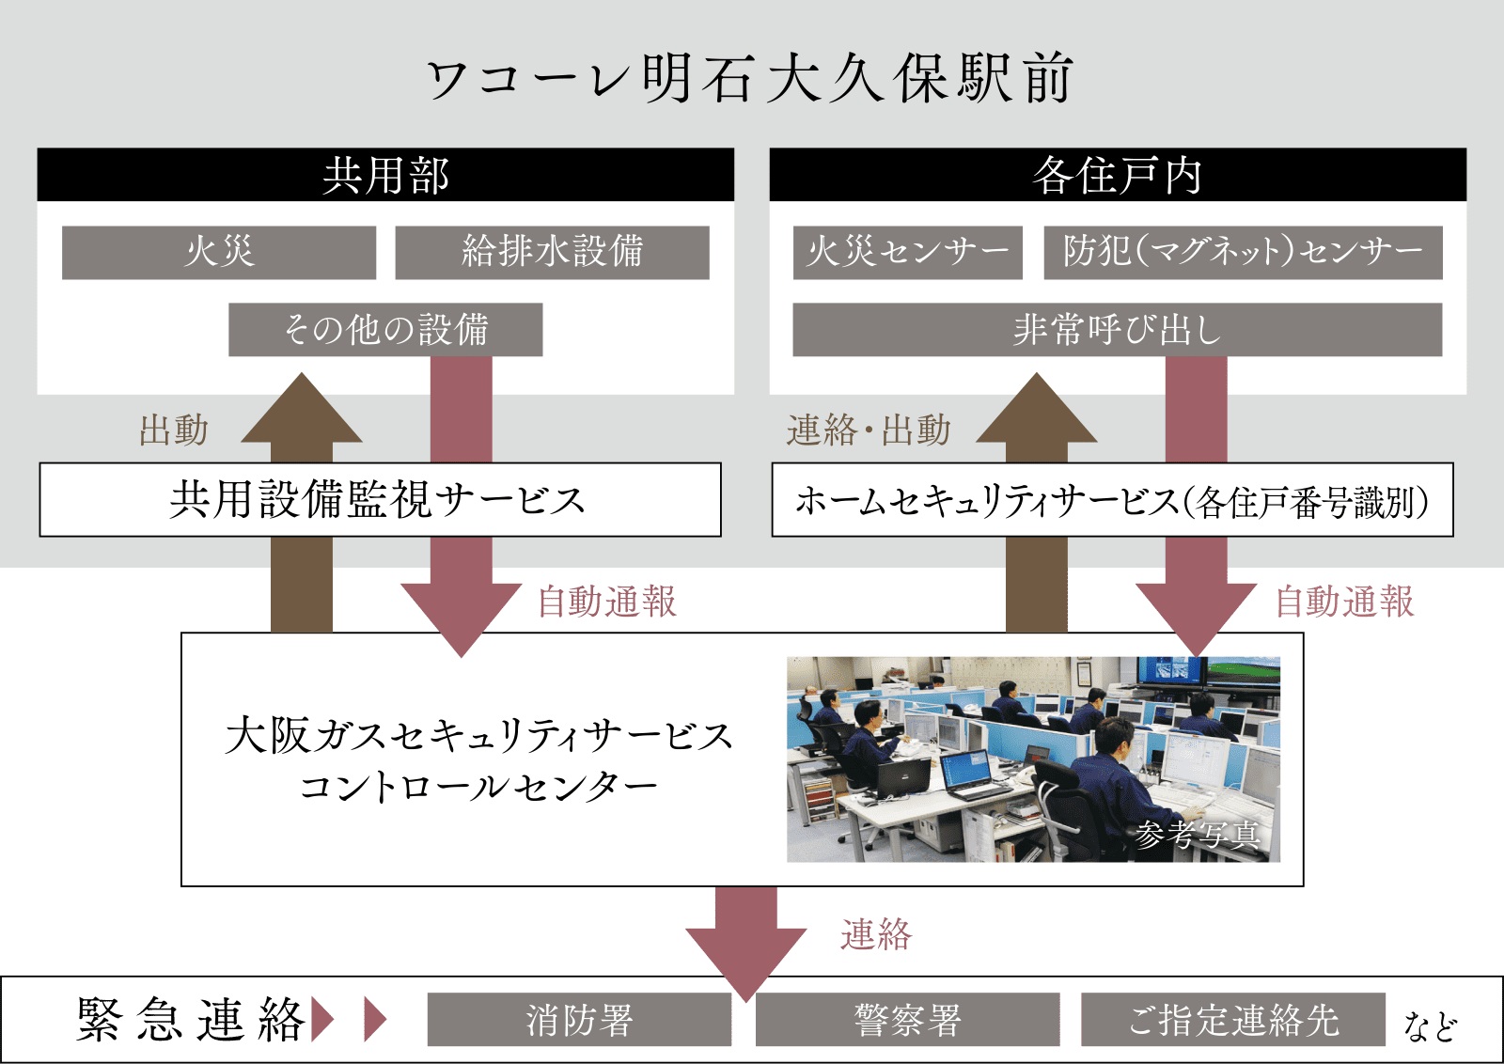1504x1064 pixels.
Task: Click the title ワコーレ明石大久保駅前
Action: [x=750, y=78]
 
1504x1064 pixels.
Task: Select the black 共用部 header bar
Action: [x=385, y=175]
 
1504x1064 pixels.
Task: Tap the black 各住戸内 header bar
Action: [x=1117, y=175]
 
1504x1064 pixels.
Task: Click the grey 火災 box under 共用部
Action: [x=219, y=252]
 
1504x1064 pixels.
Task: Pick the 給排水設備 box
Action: [x=552, y=252]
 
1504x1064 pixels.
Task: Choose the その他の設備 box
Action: [x=385, y=329]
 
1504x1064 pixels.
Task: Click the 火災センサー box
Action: [x=907, y=252]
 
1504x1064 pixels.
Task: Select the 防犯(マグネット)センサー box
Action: [x=1243, y=252]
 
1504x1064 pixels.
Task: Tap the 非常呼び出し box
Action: [x=1117, y=329]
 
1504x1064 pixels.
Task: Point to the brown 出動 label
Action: [x=174, y=430]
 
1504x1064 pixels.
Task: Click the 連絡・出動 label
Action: [x=869, y=430]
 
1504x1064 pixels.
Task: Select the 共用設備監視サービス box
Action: [x=380, y=499]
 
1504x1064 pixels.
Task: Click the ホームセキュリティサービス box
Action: [x=1112, y=500]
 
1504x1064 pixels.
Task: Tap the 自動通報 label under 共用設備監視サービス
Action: [x=607, y=602]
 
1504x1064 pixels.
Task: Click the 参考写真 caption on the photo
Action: [x=1197, y=835]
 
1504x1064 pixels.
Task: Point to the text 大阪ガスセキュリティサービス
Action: [x=478, y=735]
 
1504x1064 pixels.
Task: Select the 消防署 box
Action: [x=579, y=1020]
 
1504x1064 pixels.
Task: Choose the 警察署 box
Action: [x=907, y=1020]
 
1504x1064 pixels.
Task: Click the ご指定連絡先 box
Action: [x=1233, y=1020]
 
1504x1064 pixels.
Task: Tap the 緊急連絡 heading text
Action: [x=191, y=1020]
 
